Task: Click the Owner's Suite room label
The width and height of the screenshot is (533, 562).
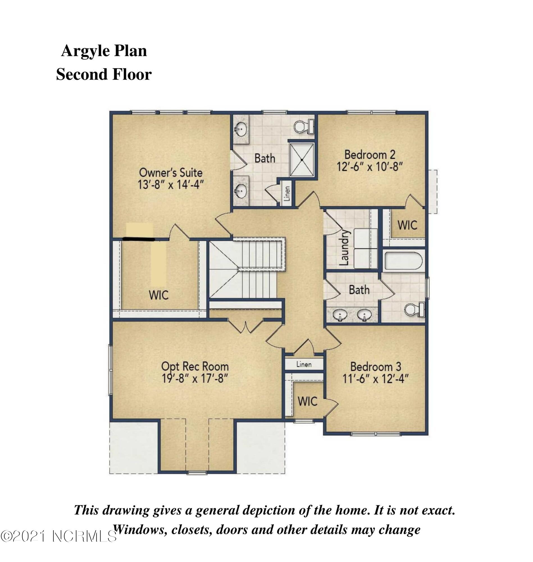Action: coord(170,173)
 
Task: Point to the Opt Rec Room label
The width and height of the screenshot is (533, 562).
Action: coord(195,366)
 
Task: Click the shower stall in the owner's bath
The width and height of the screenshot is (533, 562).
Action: coord(302,160)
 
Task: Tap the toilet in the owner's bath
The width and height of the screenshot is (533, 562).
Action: coord(303,126)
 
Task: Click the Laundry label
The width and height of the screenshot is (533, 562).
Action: coord(344,248)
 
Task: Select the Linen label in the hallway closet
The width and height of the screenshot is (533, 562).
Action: coord(304,364)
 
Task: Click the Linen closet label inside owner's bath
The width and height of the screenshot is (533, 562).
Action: coord(287,193)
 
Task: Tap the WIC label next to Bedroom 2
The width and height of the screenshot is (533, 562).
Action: coord(407,225)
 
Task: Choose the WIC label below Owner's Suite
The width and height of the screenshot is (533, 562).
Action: coord(159,295)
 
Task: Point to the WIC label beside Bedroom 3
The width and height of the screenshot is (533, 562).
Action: coord(307,401)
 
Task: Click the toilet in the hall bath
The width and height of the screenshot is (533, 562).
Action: coord(414,310)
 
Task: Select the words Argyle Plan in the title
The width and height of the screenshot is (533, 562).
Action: coord(104,51)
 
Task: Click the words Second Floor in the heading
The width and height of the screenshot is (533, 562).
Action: coord(104,74)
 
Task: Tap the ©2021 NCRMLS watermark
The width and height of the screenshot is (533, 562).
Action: coord(58,536)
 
